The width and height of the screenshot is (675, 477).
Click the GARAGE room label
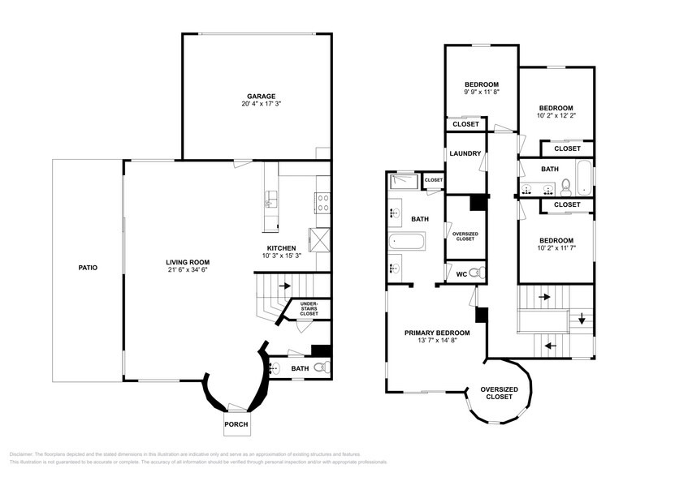click(257, 95)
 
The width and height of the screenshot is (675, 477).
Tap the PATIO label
click(88, 266)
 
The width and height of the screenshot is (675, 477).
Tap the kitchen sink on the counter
click(270, 200)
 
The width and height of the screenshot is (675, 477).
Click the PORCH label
click(237, 424)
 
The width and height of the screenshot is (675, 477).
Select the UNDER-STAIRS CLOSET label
click(309, 308)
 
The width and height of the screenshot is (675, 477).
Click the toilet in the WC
click(479, 273)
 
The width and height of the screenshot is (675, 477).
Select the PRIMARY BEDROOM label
click(437, 333)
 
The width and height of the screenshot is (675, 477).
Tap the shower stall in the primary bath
click(404, 181)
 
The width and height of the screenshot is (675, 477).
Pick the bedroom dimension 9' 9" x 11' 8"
click(481, 92)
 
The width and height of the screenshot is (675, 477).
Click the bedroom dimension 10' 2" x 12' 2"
click(556, 116)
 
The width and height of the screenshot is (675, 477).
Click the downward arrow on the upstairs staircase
click(582, 319)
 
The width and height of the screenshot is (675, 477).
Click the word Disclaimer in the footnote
click(24, 453)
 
